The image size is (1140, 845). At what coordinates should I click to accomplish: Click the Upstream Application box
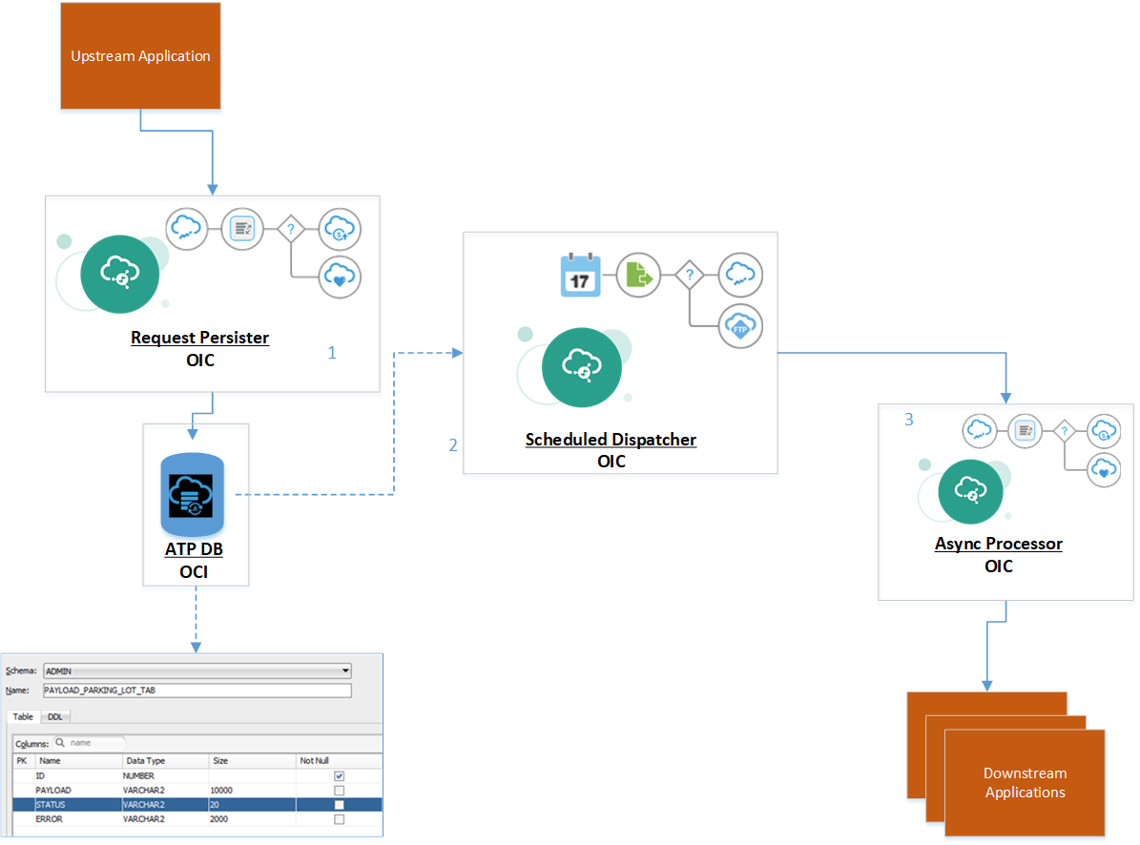click(141, 55)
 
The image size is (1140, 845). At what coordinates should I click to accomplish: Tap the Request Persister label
click(199, 338)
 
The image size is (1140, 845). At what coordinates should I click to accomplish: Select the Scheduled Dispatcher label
click(611, 440)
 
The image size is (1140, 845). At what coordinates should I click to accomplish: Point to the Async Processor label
click(998, 544)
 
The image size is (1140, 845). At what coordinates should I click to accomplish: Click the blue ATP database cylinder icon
click(192, 495)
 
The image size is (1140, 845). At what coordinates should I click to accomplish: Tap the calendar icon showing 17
click(580, 276)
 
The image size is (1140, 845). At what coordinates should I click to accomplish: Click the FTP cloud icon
click(741, 326)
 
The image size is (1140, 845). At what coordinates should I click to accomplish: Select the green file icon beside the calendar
click(638, 276)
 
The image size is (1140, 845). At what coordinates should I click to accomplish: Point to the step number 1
click(332, 353)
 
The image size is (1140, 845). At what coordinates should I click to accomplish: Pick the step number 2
click(453, 445)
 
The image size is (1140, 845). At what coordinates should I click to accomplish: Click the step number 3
click(908, 420)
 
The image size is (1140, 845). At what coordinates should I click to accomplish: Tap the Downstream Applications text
click(1025, 783)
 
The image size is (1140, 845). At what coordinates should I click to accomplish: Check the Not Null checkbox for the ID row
click(339, 776)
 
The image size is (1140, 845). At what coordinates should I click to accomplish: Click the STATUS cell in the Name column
click(52, 805)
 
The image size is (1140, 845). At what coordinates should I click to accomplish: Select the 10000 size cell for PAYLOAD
click(221, 791)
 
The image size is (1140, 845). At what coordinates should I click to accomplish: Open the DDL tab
click(55, 716)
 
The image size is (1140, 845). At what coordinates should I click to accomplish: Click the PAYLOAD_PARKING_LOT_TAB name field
click(197, 690)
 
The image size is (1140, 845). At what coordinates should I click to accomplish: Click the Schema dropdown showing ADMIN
click(197, 670)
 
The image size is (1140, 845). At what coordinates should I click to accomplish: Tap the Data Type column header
click(145, 761)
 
